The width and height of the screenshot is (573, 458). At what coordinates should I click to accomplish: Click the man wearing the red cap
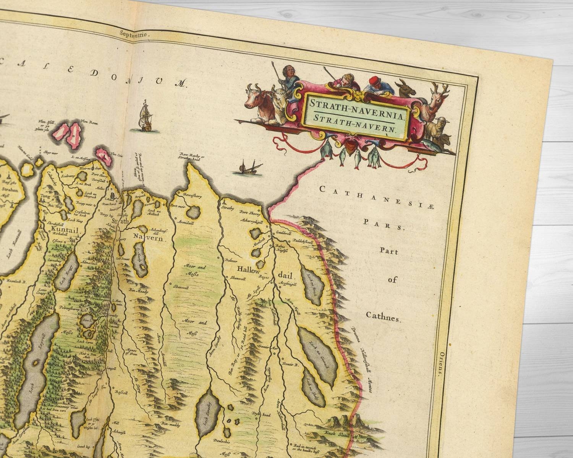point(379,86)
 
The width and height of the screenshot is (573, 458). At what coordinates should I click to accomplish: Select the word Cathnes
point(384,316)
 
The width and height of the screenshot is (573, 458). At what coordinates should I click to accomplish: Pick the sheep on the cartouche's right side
point(435,127)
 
